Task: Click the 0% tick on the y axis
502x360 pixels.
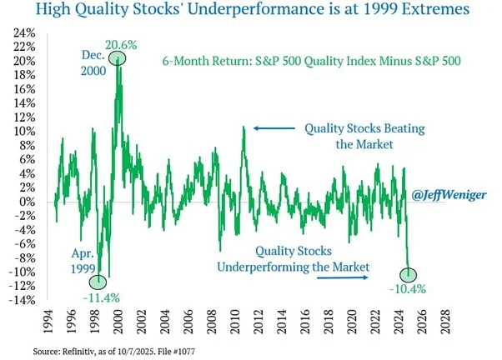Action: [32, 202]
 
